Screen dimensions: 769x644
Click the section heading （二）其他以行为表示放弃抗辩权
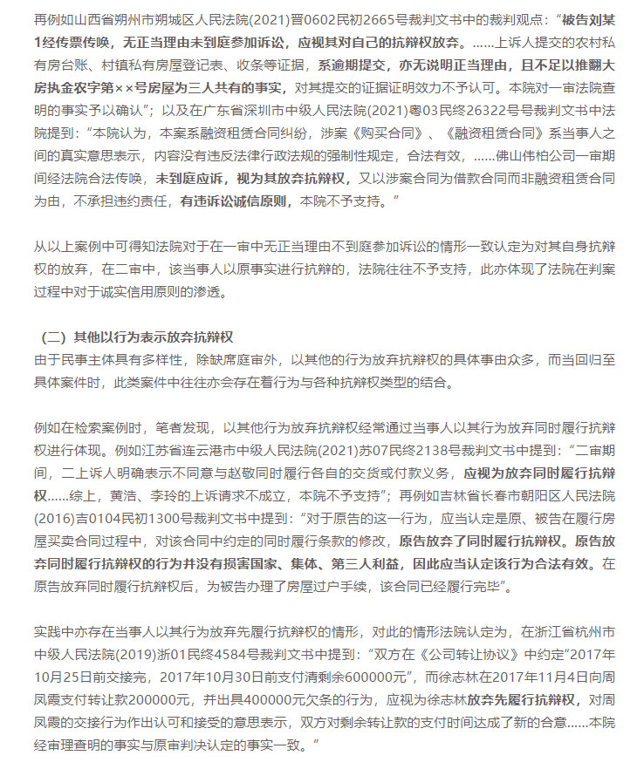[x=139, y=337]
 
